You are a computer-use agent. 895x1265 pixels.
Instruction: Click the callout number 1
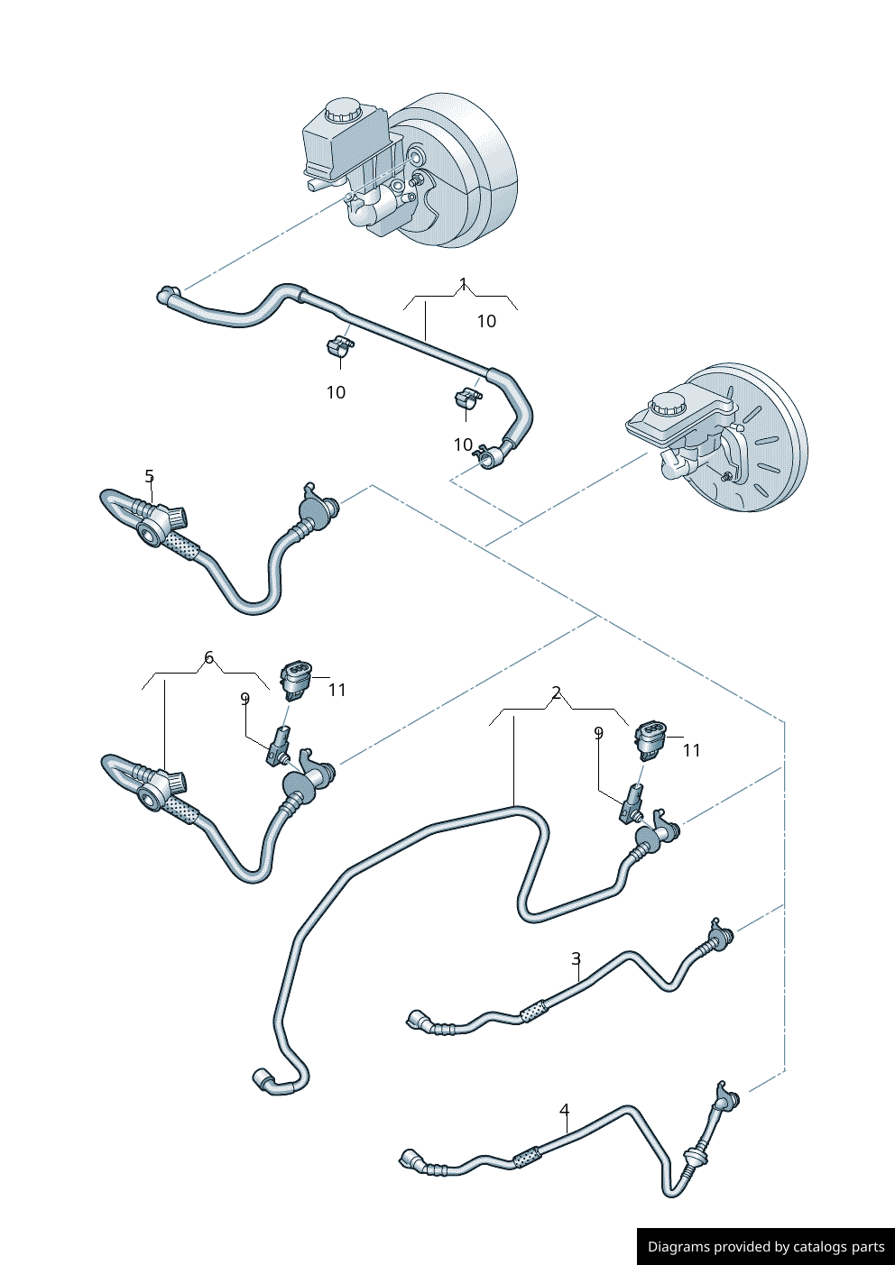463,285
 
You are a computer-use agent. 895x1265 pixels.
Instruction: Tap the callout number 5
150,476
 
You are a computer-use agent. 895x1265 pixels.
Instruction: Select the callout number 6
209,657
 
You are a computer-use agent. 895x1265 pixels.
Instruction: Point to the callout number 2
557,692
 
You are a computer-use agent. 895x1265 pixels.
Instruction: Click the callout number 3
576,958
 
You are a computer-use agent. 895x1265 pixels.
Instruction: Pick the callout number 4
565,1110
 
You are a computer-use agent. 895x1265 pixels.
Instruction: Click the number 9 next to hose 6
245,698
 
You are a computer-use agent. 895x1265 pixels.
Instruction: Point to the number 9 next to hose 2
598,734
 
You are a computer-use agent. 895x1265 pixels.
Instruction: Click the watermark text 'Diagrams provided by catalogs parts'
766,1247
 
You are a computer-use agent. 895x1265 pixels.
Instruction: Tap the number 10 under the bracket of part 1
486,321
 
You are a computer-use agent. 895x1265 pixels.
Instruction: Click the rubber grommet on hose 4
695,1157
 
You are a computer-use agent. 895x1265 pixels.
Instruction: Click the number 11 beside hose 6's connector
337,690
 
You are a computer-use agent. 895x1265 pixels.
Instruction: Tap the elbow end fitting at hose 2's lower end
263,1078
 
